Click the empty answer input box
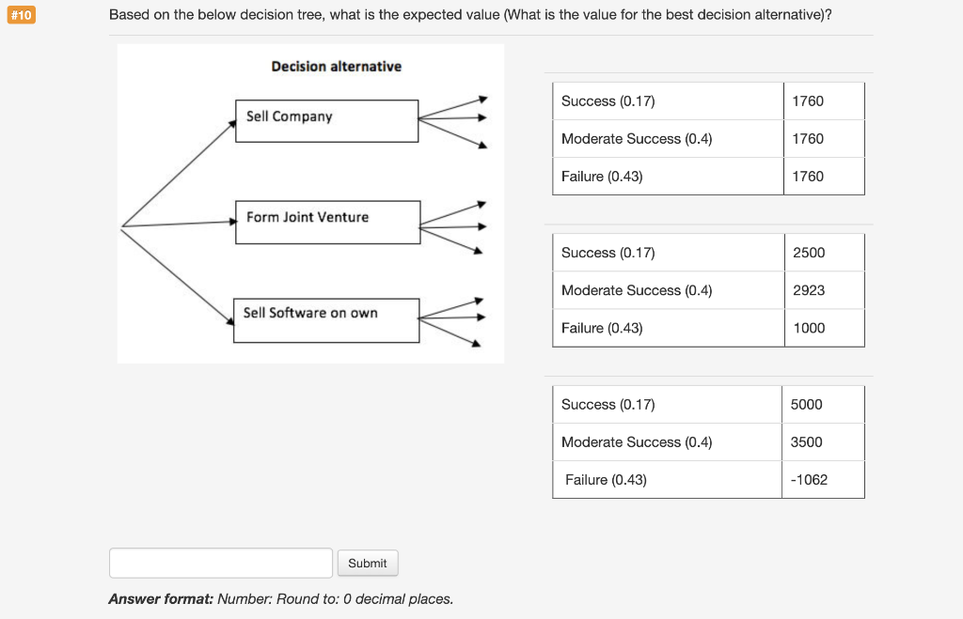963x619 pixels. click(x=221, y=563)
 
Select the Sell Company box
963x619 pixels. click(x=326, y=121)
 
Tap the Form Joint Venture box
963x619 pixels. click(x=327, y=222)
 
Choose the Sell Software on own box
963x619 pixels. click(x=325, y=319)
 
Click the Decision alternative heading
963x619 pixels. click(x=336, y=66)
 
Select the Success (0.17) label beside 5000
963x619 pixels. click(x=608, y=404)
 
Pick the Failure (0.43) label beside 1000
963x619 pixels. click(x=602, y=328)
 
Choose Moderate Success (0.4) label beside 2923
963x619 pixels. click(x=637, y=290)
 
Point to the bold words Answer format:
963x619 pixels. click(x=161, y=598)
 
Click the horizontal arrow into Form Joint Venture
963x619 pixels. click(x=179, y=224)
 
